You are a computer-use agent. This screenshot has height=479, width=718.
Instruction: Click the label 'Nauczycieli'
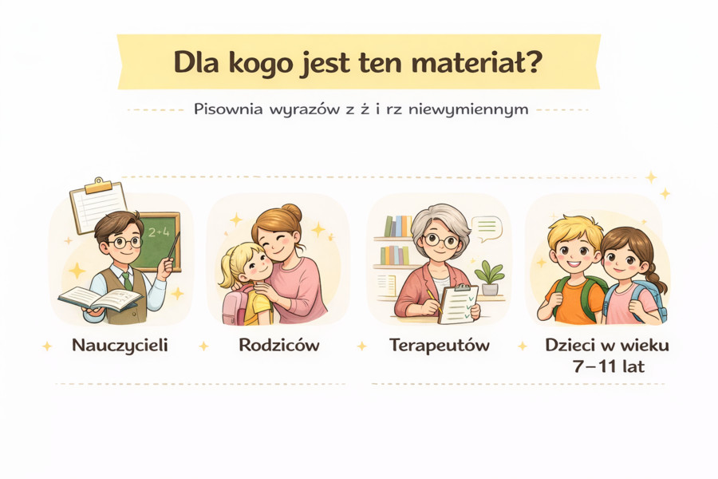pyautogui.click(x=120, y=346)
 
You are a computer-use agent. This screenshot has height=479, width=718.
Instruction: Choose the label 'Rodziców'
pyautogui.click(x=278, y=346)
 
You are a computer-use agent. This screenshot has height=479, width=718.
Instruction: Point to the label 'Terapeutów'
pyautogui.click(x=440, y=346)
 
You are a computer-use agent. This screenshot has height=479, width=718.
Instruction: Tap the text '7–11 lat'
pyautogui.click(x=608, y=367)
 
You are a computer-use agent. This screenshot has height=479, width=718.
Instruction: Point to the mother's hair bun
pyautogui.click(x=290, y=212)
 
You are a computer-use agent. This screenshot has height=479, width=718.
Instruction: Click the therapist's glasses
pyautogui.click(x=440, y=239)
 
